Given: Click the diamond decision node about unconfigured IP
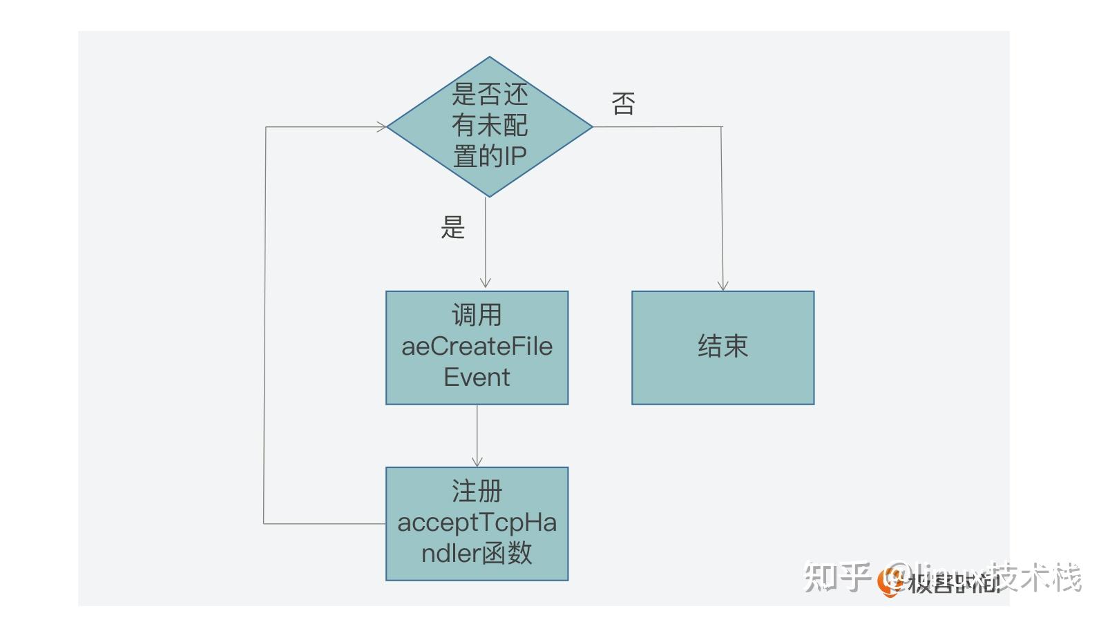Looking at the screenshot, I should pos(489,126).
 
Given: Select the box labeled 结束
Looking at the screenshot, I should pos(723,347).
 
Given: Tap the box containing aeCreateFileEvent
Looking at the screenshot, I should pos(477,347).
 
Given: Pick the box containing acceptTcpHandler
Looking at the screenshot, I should pos(477,523).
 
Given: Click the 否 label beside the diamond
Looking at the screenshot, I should pos(623,104).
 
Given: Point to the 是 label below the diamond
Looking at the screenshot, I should pos(453,227).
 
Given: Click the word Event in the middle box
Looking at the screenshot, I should pos(477,378).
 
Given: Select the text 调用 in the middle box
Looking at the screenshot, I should pos(477,315).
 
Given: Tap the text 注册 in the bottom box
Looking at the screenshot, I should pos(477,492).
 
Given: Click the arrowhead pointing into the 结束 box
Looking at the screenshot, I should pos(723,285).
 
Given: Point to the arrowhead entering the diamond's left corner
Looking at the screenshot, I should pos(381,127).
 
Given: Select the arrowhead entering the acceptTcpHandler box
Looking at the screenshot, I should pos(477,460).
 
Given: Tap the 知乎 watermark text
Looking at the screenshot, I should pos(836,577).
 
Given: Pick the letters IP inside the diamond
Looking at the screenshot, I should pos(515,157).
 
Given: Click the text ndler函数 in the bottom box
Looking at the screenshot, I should pos(477,554).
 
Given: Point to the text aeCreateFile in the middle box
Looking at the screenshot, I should pos(477,347).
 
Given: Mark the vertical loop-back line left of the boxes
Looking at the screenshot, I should pos(265,324).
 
